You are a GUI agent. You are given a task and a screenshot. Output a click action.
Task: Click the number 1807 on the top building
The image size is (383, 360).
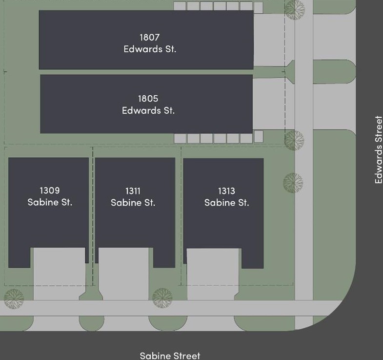point(149,37)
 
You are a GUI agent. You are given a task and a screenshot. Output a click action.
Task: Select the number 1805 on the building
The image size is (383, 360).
point(148,99)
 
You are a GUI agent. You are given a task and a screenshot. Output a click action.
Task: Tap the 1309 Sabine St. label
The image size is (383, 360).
point(50,196)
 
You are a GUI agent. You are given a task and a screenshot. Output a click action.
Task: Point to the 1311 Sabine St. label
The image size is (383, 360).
point(133,197)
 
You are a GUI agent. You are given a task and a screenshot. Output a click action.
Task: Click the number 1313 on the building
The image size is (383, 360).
point(226,191)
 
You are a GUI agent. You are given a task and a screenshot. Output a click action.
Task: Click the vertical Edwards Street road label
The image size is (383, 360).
point(379,149)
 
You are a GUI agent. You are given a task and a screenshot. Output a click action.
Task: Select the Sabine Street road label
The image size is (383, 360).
point(170,356)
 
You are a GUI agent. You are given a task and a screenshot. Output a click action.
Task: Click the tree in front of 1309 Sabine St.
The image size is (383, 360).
point(13,298)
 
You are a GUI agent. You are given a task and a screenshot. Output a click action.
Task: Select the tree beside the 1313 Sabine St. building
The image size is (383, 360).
point(293,182)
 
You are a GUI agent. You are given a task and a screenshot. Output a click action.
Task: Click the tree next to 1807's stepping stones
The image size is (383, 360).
point(294,9)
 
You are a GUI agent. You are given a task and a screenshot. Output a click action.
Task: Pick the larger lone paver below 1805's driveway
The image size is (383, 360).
point(259,136)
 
